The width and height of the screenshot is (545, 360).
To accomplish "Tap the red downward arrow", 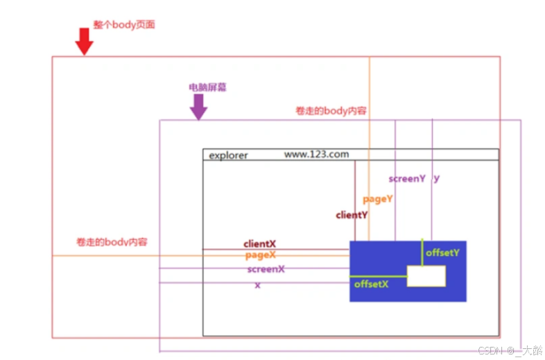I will tap(84, 41).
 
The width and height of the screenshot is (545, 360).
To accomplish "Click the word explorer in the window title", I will tap(228, 155).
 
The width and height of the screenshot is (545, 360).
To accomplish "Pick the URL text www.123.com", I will tap(316, 154).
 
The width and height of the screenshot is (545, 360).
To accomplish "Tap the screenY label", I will tap(407, 178).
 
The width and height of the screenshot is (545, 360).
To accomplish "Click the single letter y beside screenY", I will tap(436, 178).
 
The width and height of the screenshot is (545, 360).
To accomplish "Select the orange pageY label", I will tap(378, 199).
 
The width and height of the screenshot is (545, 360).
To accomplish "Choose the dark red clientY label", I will tap(352, 215).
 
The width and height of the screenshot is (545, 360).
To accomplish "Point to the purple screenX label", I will tap(266, 268).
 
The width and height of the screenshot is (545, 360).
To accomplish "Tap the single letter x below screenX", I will tap(257, 285).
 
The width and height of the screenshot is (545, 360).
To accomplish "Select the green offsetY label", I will tap(442, 252).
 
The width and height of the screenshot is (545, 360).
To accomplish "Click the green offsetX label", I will tap(371, 284).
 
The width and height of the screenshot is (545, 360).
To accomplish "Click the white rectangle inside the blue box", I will tap(426, 276).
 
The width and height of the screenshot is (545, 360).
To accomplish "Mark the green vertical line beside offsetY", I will tap(422, 252).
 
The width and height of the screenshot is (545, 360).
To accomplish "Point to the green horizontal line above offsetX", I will tap(378, 276).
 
